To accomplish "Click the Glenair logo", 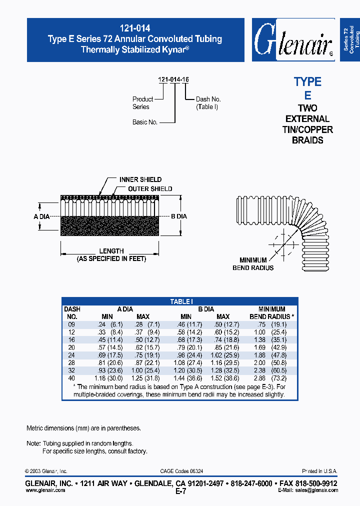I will [x=293, y=40].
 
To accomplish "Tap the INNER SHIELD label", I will [x=140, y=179].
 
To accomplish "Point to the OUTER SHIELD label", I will [x=150, y=189].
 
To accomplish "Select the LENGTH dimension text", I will [x=111, y=251].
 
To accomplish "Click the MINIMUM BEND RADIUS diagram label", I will [x=253, y=264].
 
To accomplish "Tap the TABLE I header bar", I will [x=180, y=301].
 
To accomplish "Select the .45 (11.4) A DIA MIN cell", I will [x=107, y=339].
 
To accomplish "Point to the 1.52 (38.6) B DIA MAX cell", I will [x=222, y=378].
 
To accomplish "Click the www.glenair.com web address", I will [x=45, y=490].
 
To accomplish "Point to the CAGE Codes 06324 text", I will [x=181, y=471].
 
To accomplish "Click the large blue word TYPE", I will [x=307, y=82].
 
